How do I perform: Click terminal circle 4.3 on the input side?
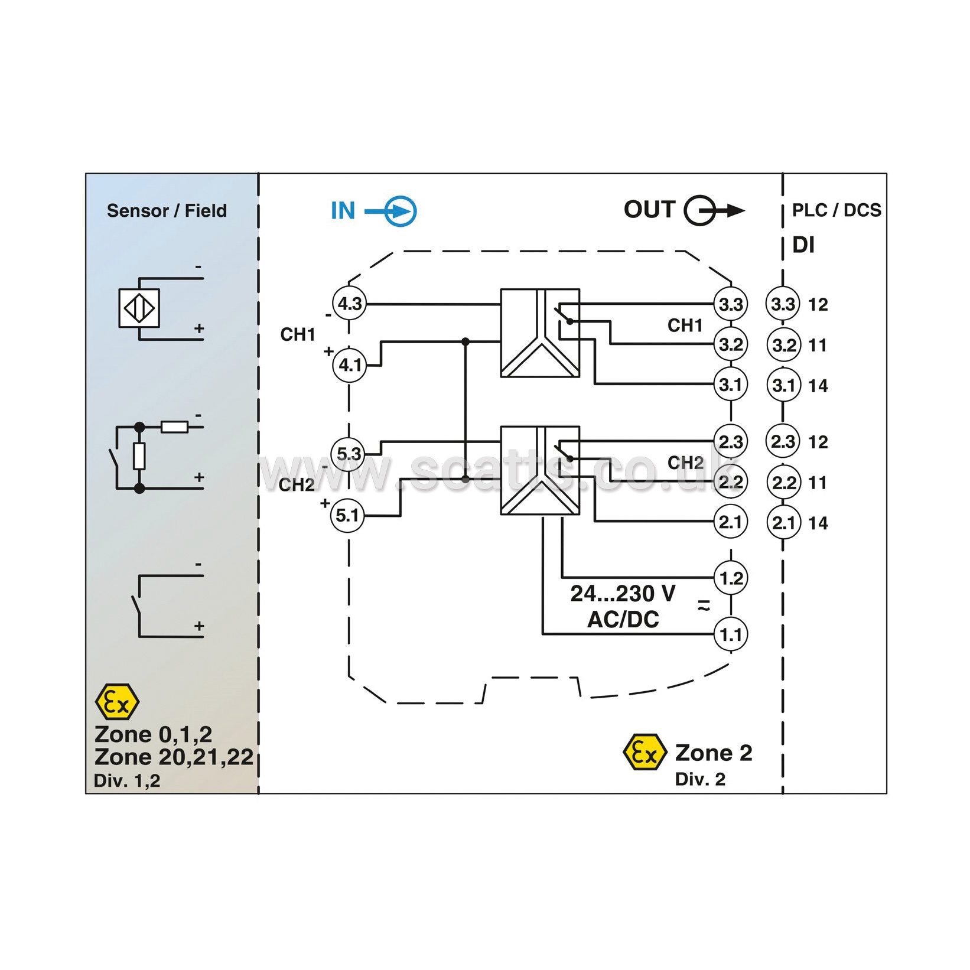point(349,304)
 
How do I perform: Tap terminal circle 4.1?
point(349,365)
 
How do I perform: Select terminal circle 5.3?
point(348,454)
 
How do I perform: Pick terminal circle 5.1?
point(347,515)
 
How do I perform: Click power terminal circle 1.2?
point(731,578)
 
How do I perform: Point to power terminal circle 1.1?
point(731,634)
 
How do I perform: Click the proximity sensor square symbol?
point(139,308)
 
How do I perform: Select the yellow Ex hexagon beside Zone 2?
point(645,753)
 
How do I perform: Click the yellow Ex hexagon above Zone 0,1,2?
point(117,702)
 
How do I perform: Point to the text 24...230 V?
point(623,593)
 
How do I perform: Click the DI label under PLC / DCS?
point(803,245)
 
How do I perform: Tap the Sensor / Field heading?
point(167,210)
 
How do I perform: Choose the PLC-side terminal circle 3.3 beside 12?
point(783,304)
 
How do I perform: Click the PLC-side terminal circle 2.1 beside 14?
point(783,522)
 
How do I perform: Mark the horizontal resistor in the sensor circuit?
point(175,427)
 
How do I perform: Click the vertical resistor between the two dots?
point(139,456)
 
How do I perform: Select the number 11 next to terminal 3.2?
point(817,345)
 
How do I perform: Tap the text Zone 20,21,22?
point(174,757)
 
